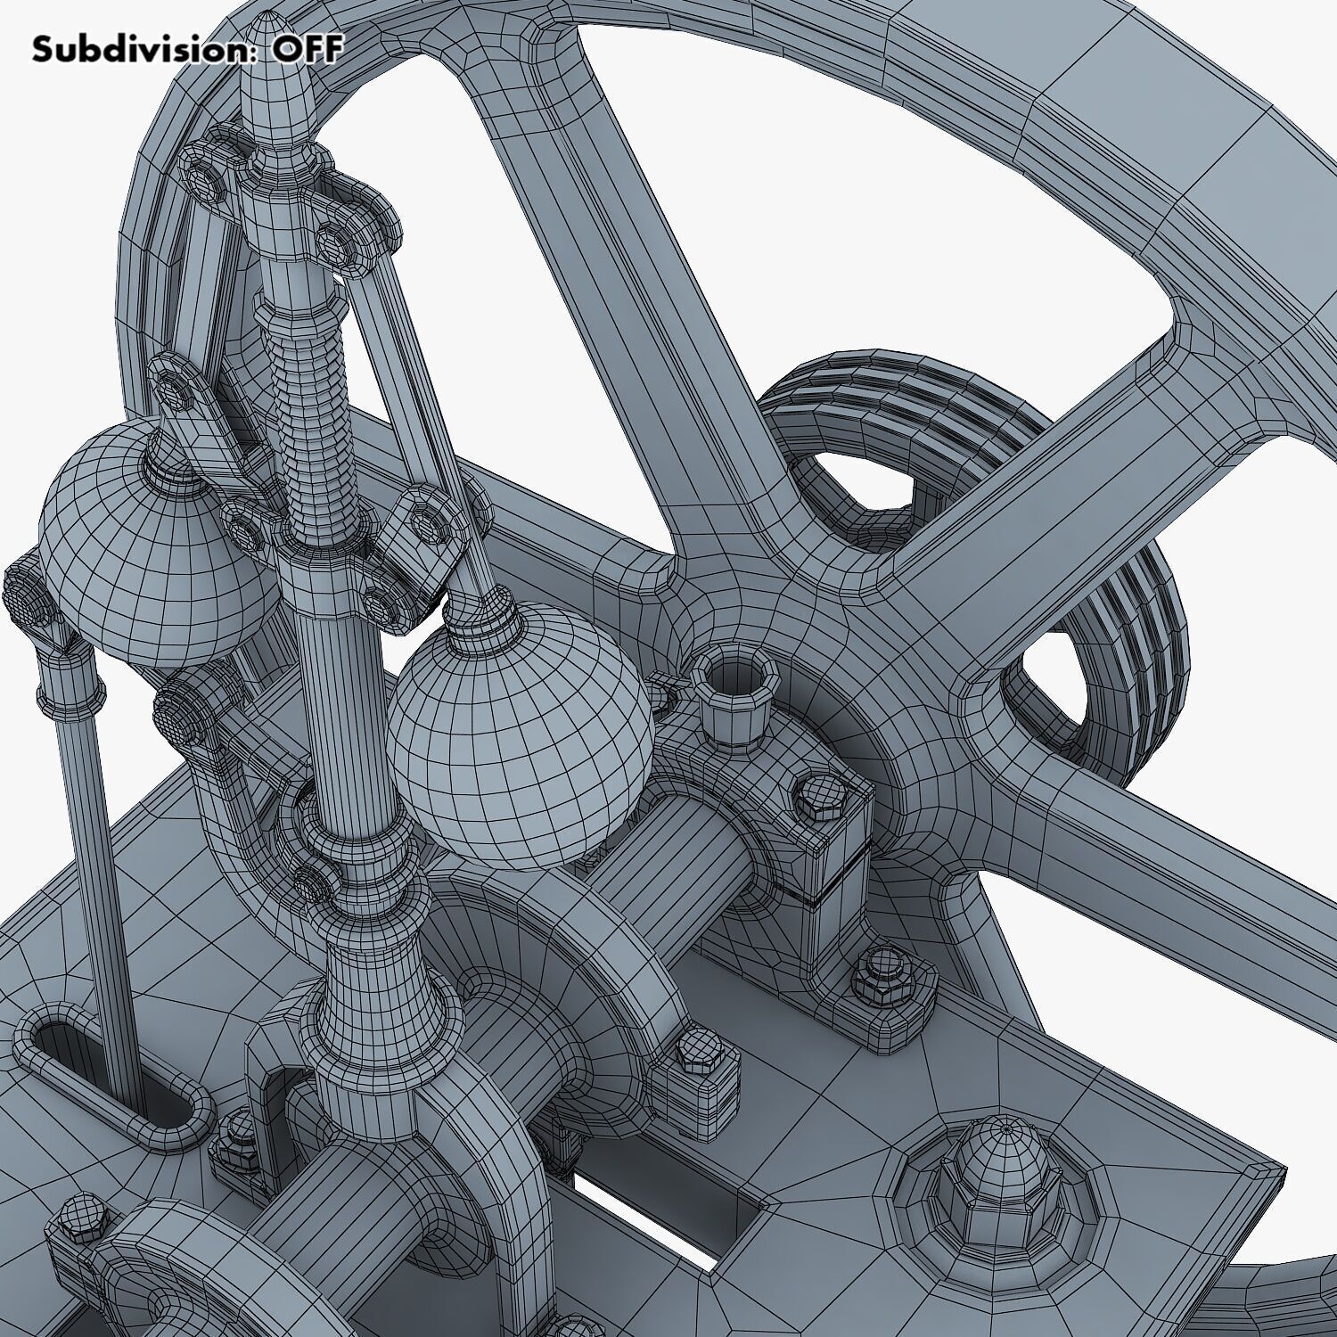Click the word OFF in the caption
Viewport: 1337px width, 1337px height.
tap(307, 49)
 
